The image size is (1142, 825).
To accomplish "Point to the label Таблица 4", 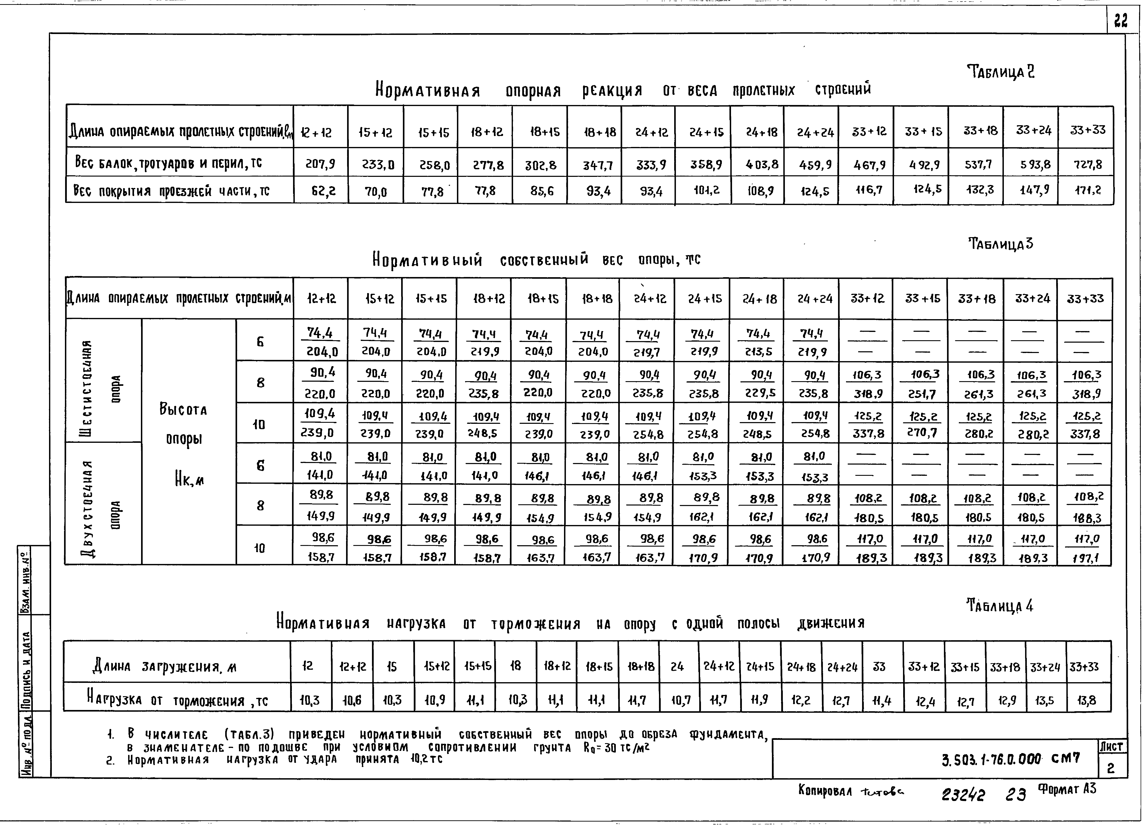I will click(x=1000, y=606).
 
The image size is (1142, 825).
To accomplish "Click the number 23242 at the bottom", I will click(x=963, y=795).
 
